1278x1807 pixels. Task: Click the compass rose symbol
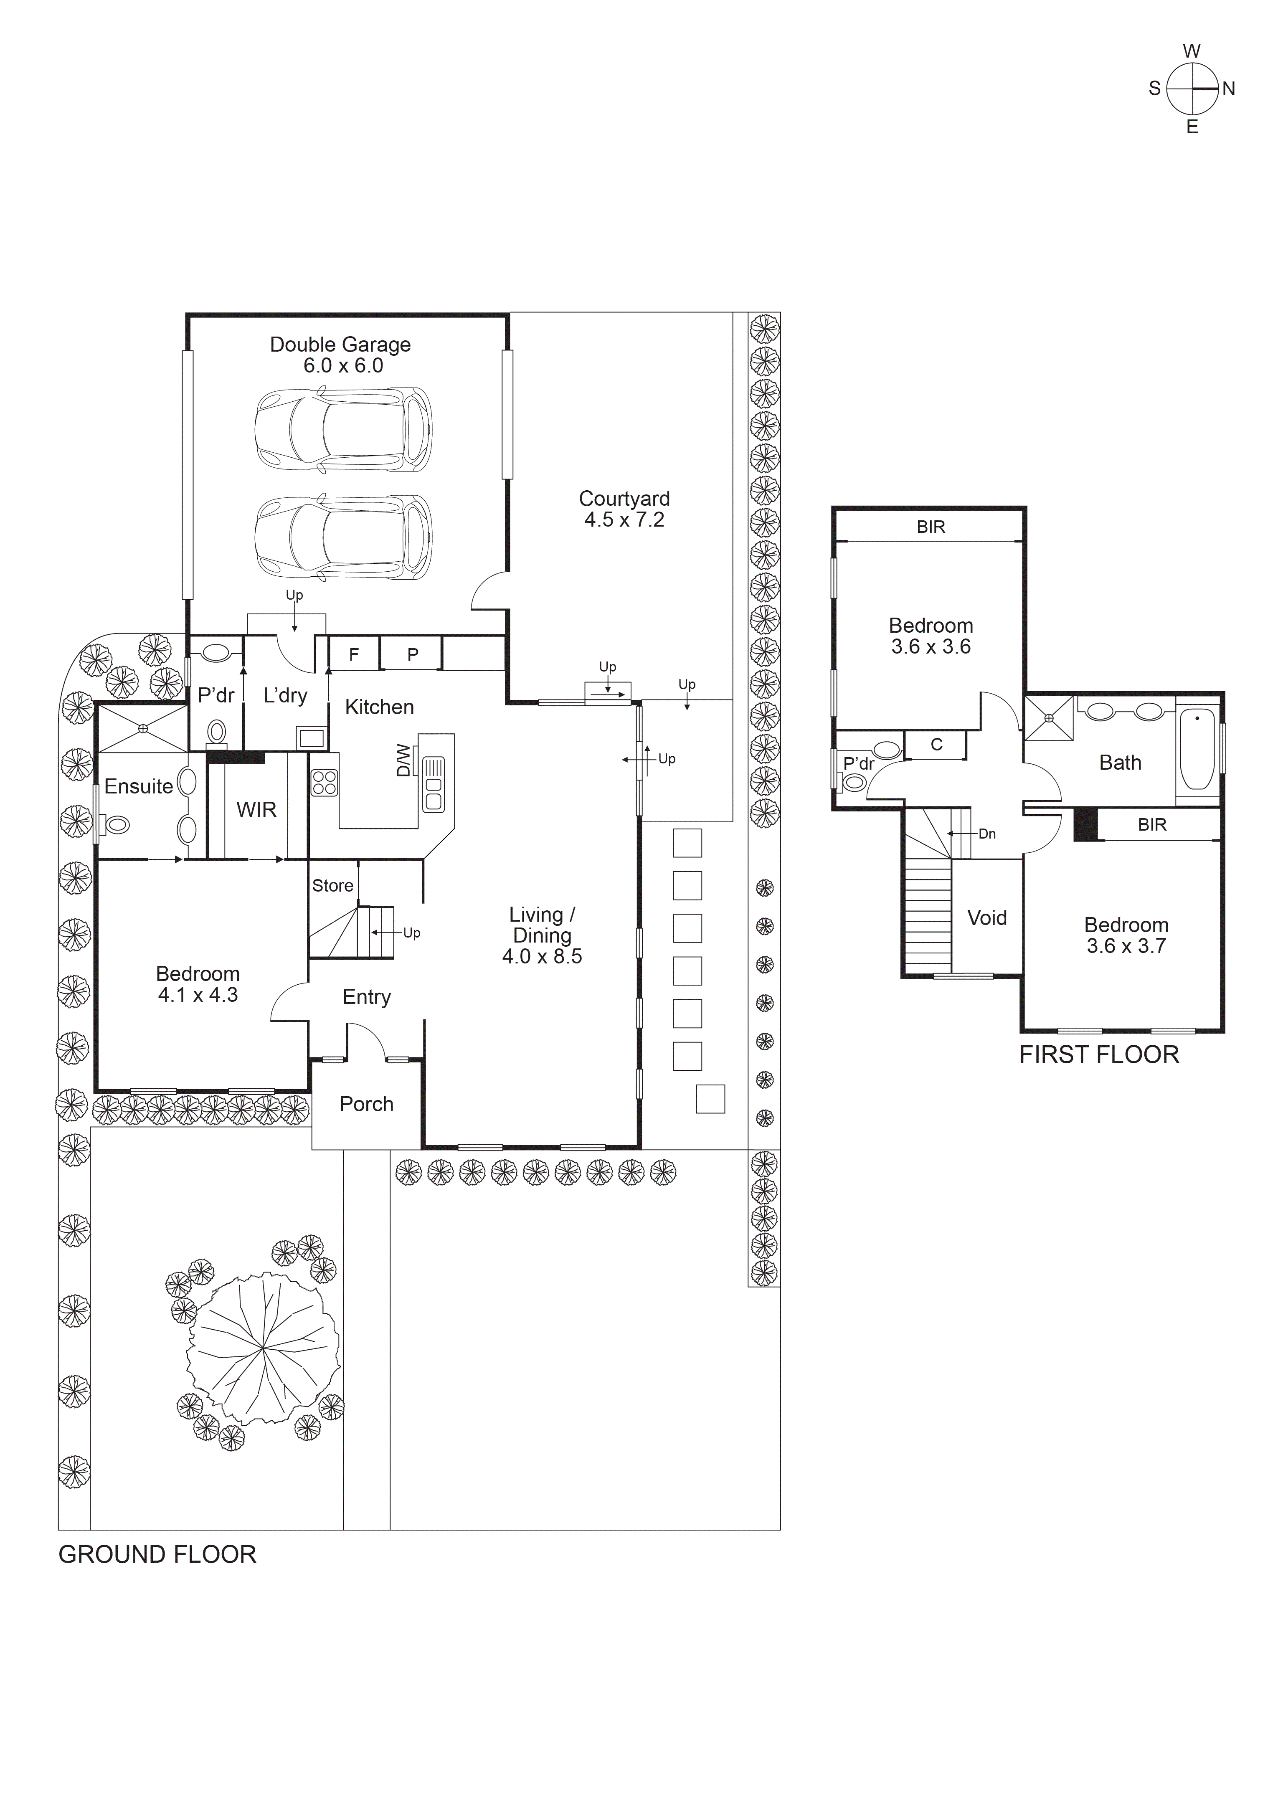1192,89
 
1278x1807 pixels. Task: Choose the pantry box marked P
412,654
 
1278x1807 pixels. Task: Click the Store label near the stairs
332,885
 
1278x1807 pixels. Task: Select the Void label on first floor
987,917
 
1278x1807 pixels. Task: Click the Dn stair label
987,834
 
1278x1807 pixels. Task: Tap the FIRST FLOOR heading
1098,1054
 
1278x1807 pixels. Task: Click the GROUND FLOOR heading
157,1554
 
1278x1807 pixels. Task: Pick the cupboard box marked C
936,745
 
